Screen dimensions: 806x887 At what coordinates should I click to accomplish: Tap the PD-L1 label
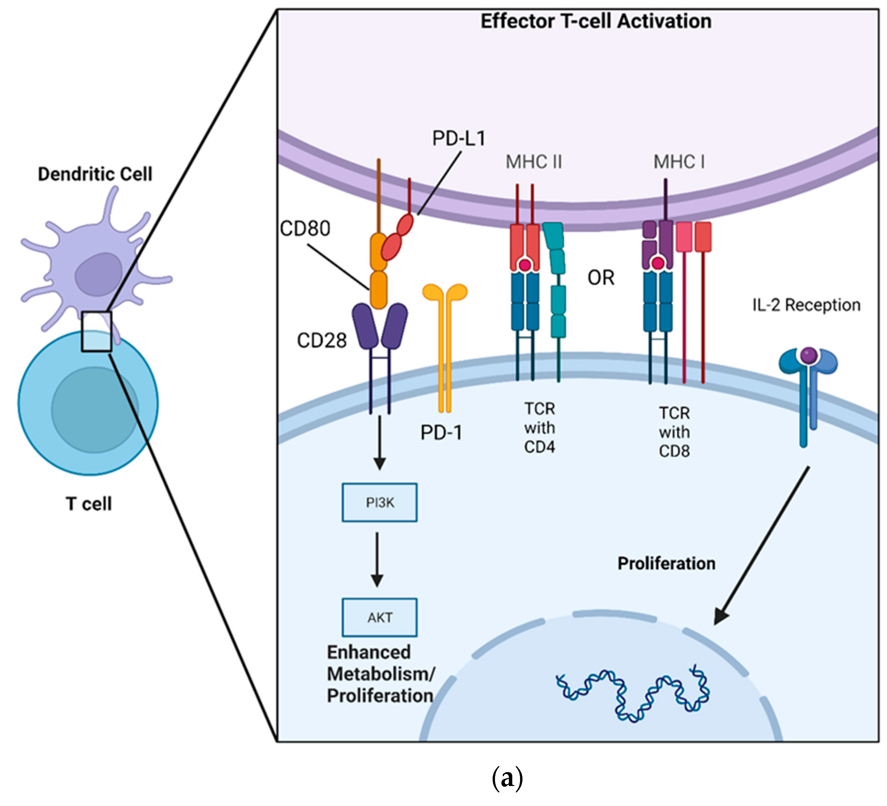pos(459,139)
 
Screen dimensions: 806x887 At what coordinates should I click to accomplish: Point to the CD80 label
pos(305,229)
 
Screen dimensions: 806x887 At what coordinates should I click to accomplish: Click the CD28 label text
pos(322,340)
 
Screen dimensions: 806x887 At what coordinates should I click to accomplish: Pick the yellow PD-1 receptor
pos(445,343)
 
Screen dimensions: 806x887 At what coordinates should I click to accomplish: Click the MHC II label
pos(534,162)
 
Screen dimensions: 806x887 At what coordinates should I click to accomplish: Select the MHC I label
pos(679,162)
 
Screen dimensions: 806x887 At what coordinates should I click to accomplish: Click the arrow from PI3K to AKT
pos(377,559)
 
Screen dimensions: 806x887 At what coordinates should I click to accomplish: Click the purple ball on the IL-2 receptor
pos(809,355)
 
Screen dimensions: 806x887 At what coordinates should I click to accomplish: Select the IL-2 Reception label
pos(806,305)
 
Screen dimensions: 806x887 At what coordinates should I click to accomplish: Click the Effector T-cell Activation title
pos(596,21)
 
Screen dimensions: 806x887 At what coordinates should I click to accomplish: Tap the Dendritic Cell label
pos(95,174)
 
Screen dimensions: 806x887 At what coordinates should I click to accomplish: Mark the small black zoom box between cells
pos(96,331)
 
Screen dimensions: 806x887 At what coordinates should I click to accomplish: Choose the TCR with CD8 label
pos(674,432)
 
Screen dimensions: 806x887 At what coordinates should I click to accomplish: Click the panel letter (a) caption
pos(507,778)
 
